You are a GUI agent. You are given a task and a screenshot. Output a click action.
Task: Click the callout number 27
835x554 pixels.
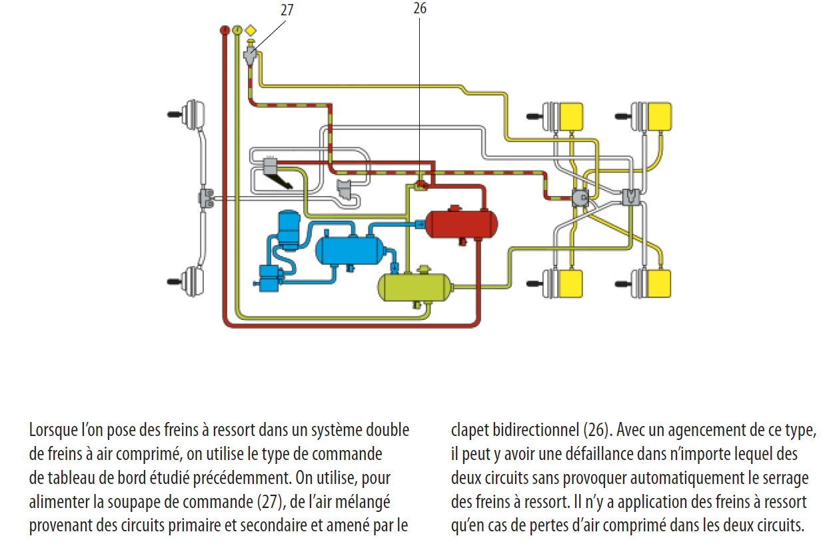tap(287, 10)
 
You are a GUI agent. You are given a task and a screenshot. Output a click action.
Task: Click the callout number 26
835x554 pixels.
tap(420, 8)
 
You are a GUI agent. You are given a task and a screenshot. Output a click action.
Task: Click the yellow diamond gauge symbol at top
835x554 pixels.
tap(251, 30)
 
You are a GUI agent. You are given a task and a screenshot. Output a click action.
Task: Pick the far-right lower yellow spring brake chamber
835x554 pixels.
tap(656, 283)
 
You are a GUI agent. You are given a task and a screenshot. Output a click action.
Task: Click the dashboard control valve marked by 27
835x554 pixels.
tap(251, 54)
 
